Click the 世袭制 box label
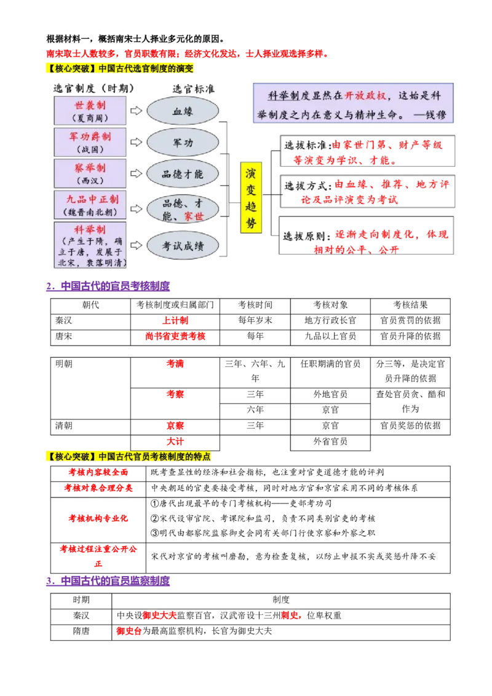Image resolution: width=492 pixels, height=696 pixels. point(90,105)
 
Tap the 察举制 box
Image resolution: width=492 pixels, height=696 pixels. point(90,173)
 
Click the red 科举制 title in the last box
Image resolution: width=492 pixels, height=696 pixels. point(90,229)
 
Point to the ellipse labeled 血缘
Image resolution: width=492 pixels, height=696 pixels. point(183,111)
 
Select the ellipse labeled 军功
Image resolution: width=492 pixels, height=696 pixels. point(183,143)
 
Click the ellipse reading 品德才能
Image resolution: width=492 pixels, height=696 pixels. point(183,174)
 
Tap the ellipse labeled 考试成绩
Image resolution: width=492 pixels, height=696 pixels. point(183,246)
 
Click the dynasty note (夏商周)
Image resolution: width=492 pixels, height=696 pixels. point(90,117)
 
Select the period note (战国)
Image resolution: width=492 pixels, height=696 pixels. point(90,149)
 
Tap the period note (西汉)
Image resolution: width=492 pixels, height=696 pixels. point(90,181)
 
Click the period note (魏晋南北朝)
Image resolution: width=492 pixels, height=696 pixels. point(90,212)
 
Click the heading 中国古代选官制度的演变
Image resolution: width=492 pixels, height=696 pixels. point(146,68)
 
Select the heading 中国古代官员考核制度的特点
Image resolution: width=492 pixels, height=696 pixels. point(154,457)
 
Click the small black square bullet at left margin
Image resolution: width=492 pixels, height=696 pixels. point(47,347)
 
